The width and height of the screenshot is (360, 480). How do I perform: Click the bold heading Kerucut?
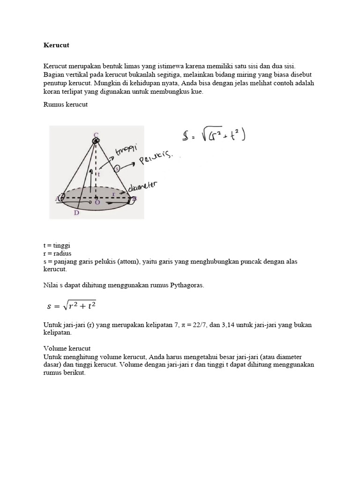[56, 45]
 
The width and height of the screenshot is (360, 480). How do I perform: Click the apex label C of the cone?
[96, 135]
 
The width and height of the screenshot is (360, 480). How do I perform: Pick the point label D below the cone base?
[76, 213]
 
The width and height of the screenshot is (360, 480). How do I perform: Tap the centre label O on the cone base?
[97, 202]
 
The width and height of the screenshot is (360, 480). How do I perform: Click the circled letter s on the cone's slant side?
[117, 168]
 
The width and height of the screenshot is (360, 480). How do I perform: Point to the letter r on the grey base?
[113, 193]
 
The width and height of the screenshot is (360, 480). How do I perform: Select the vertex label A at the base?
[57, 198]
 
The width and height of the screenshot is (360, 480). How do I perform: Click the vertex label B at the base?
[134, 199]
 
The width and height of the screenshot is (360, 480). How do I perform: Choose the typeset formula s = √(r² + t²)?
[72, 306]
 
